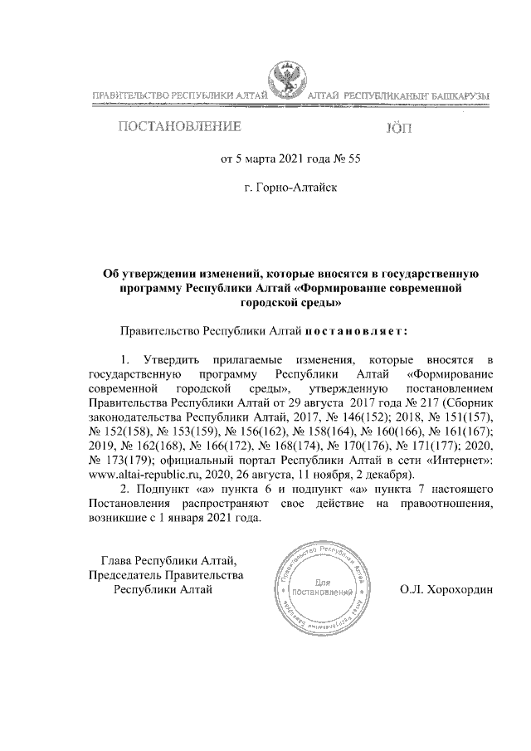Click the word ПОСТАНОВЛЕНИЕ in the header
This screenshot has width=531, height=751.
180,128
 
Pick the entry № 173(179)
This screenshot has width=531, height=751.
119,460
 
